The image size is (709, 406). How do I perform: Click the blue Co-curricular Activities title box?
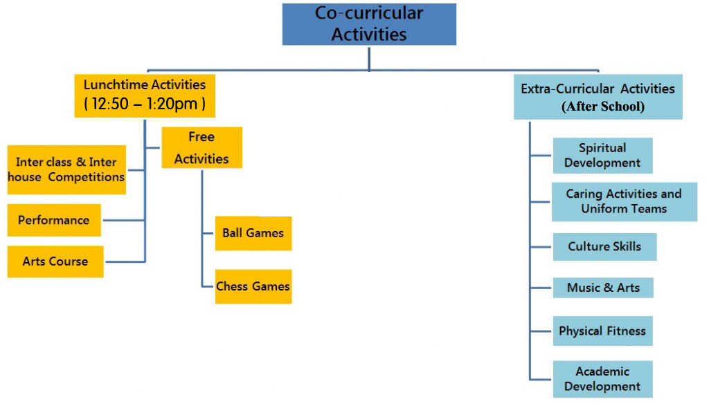(x=369, y=24)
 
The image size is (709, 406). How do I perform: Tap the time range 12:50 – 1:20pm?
(x=145, y=104)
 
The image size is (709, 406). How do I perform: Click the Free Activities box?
(x=201, y=147)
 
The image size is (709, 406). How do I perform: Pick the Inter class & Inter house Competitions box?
(x=66, y=169)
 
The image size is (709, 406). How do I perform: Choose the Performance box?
(x=54, y=221)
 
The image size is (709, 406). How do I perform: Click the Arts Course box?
(x=55, y=261)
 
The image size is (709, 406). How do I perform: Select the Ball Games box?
(x=253, y=233)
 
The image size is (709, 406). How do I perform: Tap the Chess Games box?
(x=253, y=286)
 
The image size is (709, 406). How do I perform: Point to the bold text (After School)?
(x=602, y=107)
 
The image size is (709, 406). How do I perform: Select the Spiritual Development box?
(x=602, y=156)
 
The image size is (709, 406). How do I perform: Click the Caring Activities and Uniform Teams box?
(x=624, y=201)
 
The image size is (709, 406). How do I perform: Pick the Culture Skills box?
(x=604, y=247)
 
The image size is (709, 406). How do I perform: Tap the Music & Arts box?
(x=603, y=288)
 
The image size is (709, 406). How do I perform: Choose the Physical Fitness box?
(x=602, y=331)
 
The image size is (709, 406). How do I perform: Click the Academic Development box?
(x=602, y=379)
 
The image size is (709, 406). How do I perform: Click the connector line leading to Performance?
(x=123, y=221)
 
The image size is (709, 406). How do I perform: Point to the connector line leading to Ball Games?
(x=208, y=233)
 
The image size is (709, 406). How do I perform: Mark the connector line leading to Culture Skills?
(x=541, y=247)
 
